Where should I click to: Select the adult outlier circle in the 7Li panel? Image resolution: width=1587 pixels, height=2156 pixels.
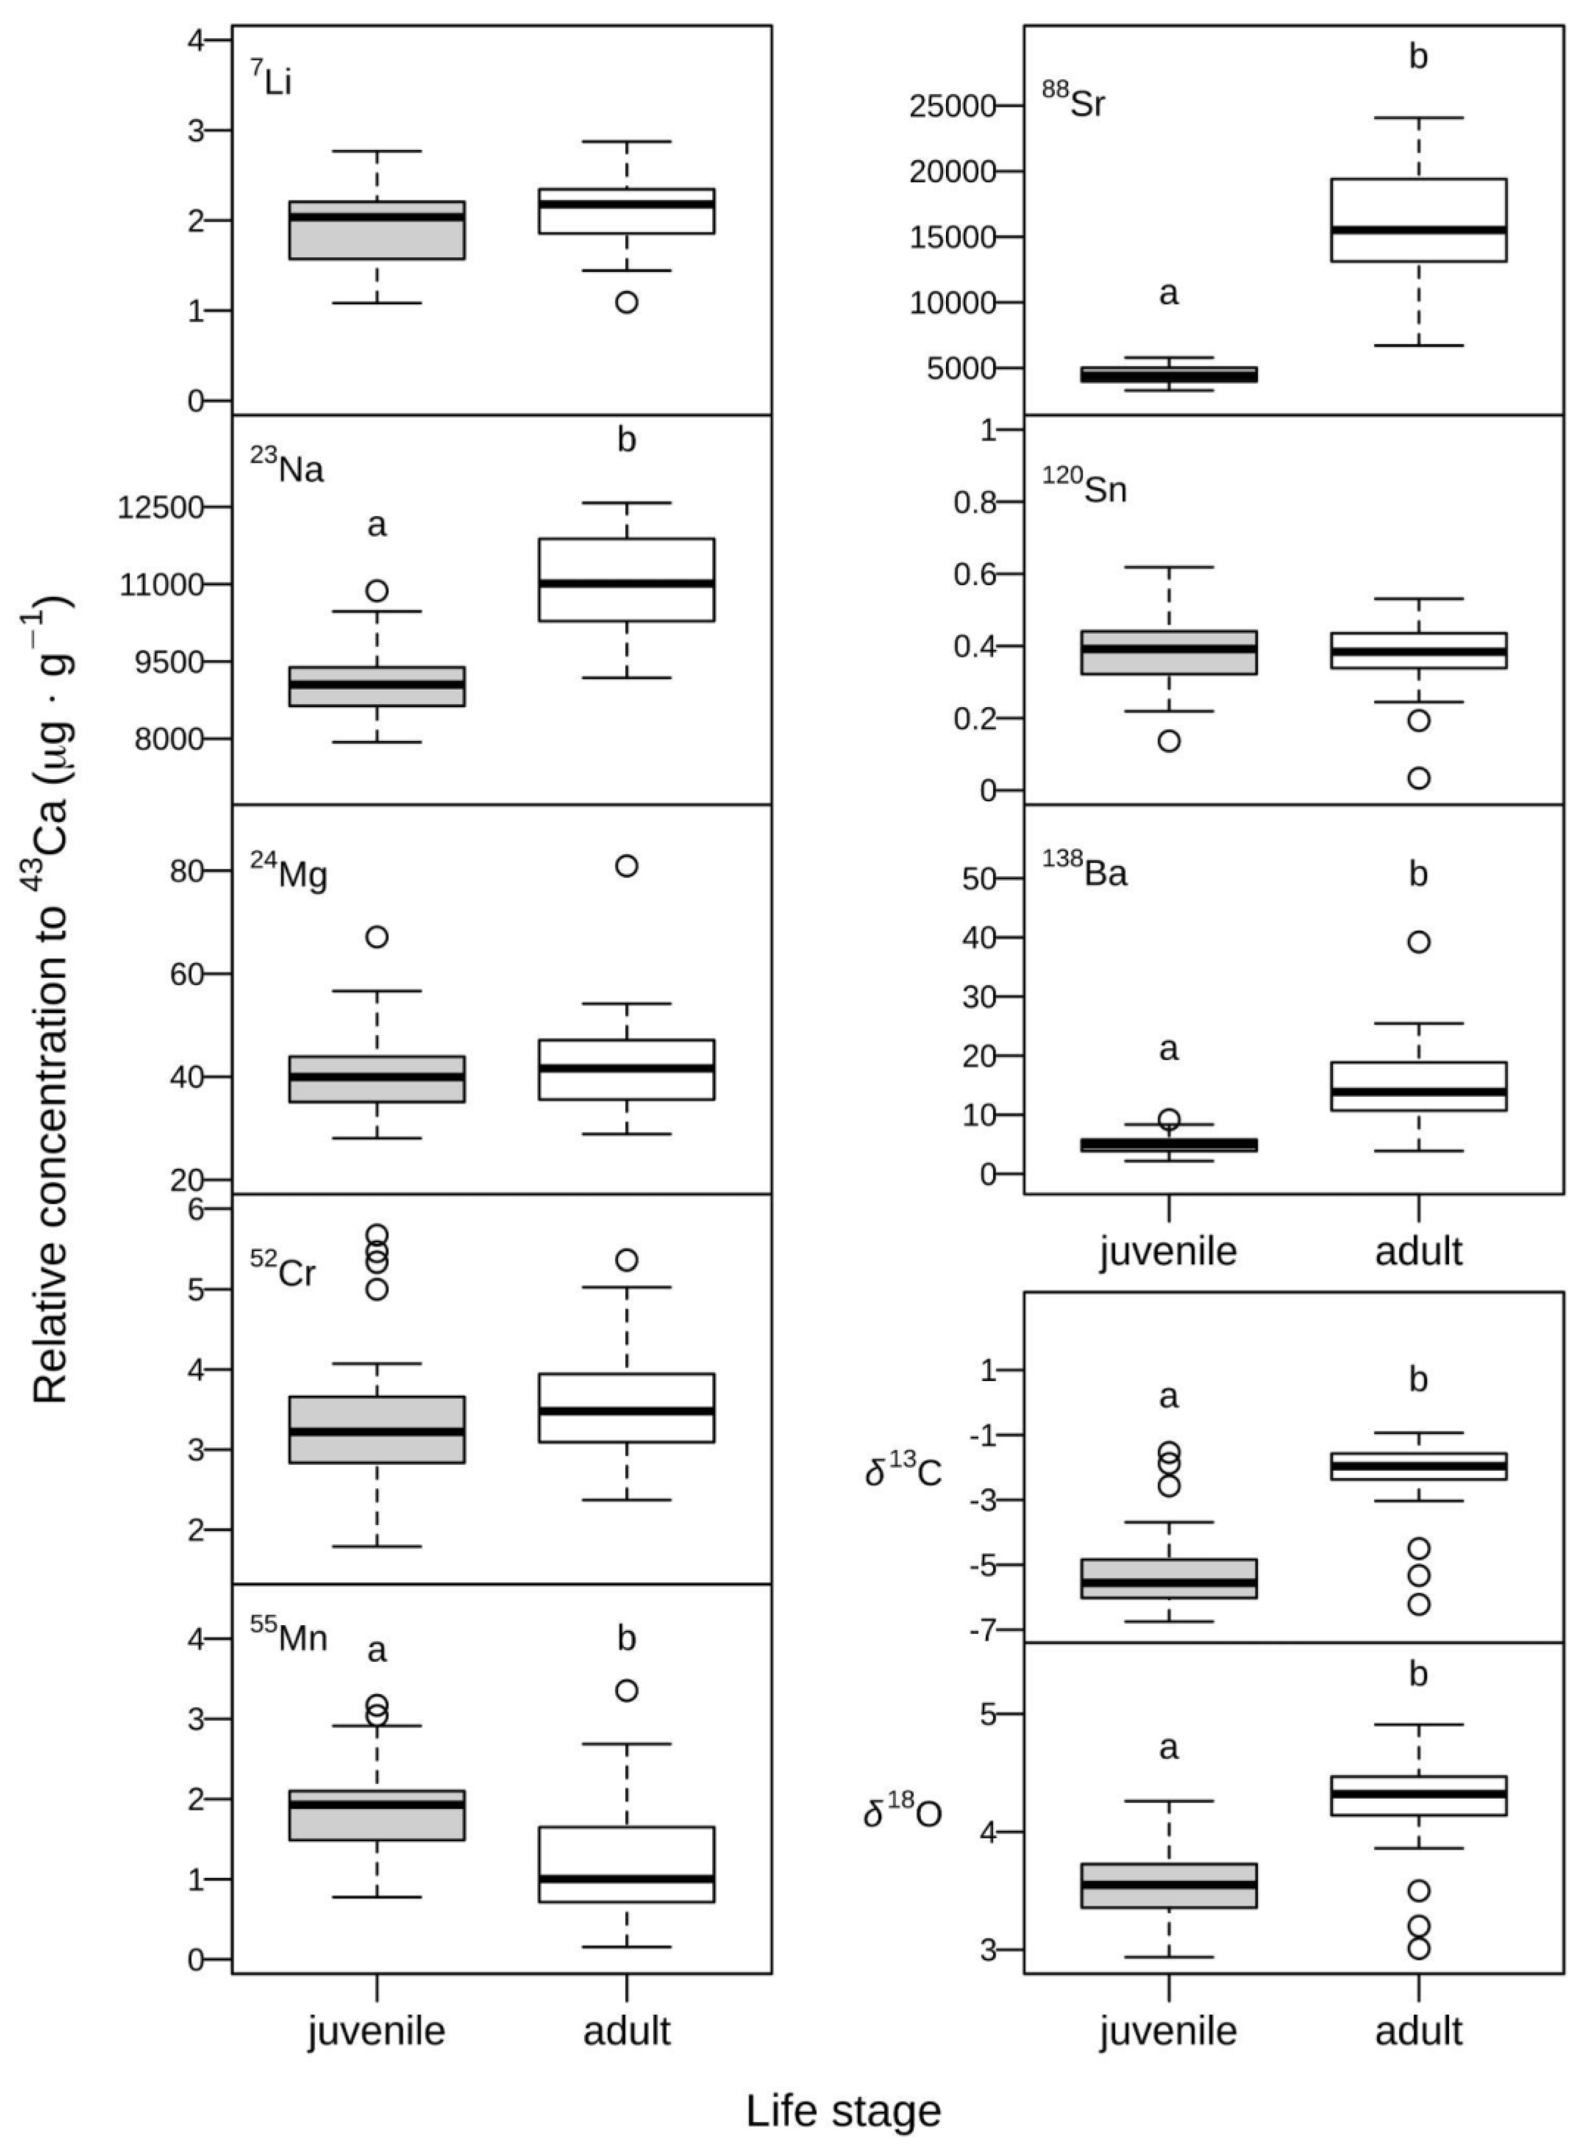point(626,303)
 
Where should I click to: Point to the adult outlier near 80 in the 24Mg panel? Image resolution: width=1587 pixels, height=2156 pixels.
point(626,865)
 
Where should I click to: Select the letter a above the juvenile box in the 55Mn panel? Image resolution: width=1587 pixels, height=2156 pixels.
point(377,1651)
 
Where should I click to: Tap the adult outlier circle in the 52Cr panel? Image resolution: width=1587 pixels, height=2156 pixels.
point(626,1260)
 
